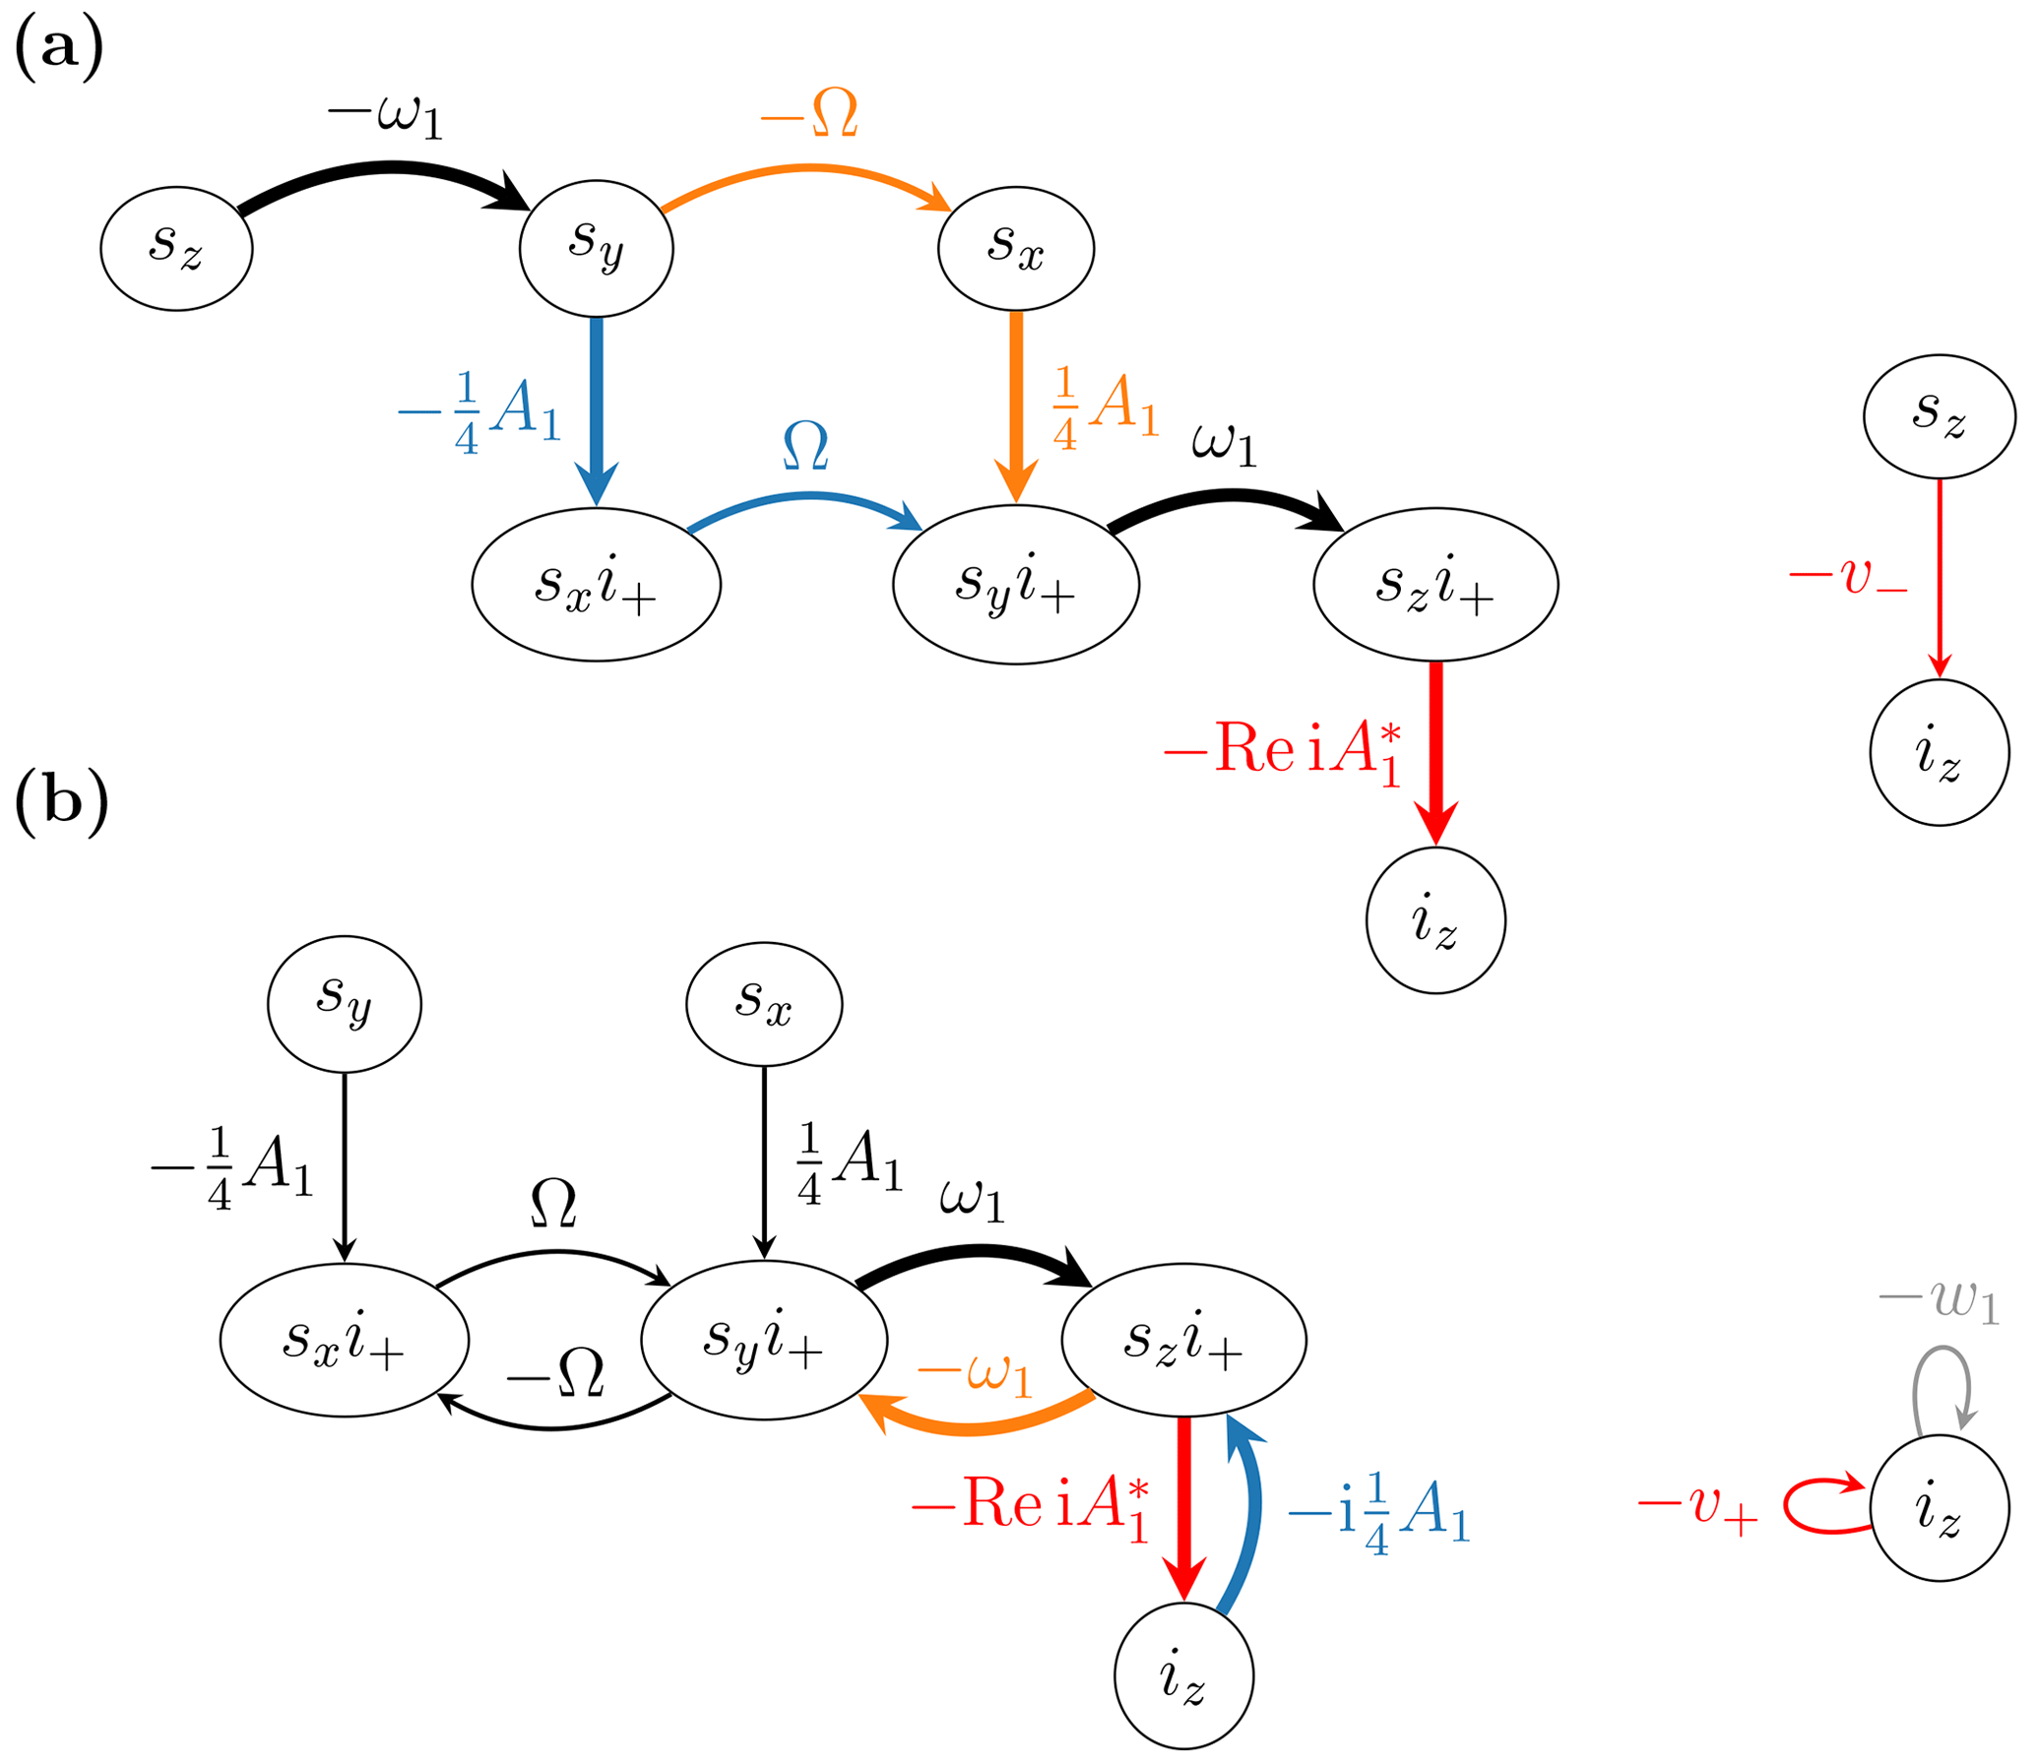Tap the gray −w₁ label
tap(1938, 1300)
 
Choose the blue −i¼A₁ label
tap(1378, 1512)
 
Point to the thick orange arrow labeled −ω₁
tap(975, 1426)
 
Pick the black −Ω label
tap(554, 1374)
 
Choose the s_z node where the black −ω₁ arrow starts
tap(176, 249)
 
